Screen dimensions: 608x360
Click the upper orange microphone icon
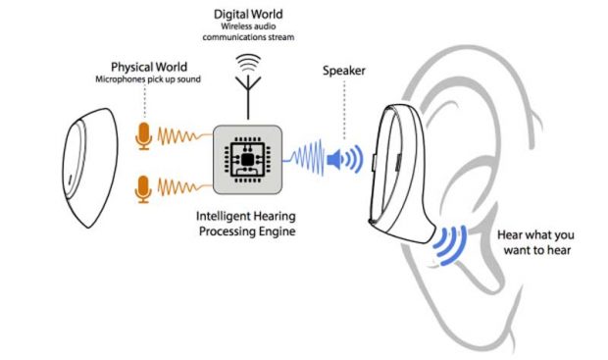(x=144, y=136)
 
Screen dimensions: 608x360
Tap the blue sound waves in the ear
(x=452, y=246)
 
